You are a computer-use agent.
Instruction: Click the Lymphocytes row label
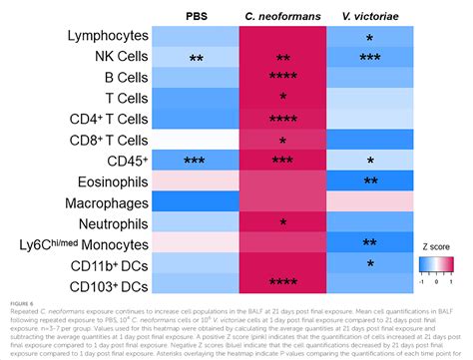coord(94,37)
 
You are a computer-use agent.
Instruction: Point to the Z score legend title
coord(435,255)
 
